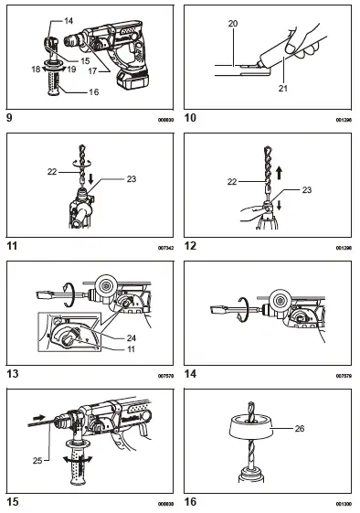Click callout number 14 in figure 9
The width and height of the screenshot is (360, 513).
(44, 19)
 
